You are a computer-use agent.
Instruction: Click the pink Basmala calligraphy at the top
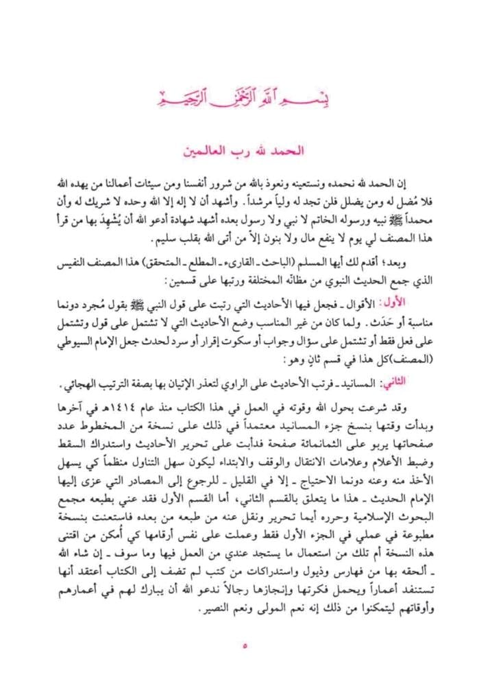pos(245,96)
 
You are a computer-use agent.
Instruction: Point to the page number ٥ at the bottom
pos(245,646)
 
